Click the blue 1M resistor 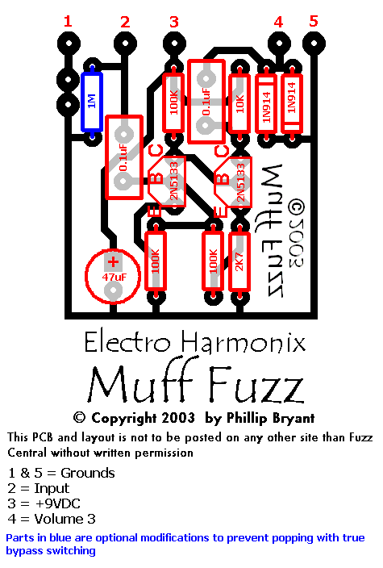tap(92, 102)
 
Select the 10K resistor tap(239, 103)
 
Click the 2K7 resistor tap(239, 261)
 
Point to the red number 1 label tap(68, 21)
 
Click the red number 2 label tap(125, 22)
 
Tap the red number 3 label tap(174, 22)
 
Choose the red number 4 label tap(278, 22)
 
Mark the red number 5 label tap(314, 21)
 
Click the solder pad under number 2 tap(125, 44)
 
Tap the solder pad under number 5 tap(314, 44)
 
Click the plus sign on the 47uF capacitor tap(114, 262)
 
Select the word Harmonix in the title tap(244, 343)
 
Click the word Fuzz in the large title tap(256, 385)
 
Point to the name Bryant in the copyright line tap(291, 419)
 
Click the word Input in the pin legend tap(52, 489)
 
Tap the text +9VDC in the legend tap(58, 503)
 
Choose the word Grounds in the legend tap(88, 473)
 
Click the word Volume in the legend tap(59, 519)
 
